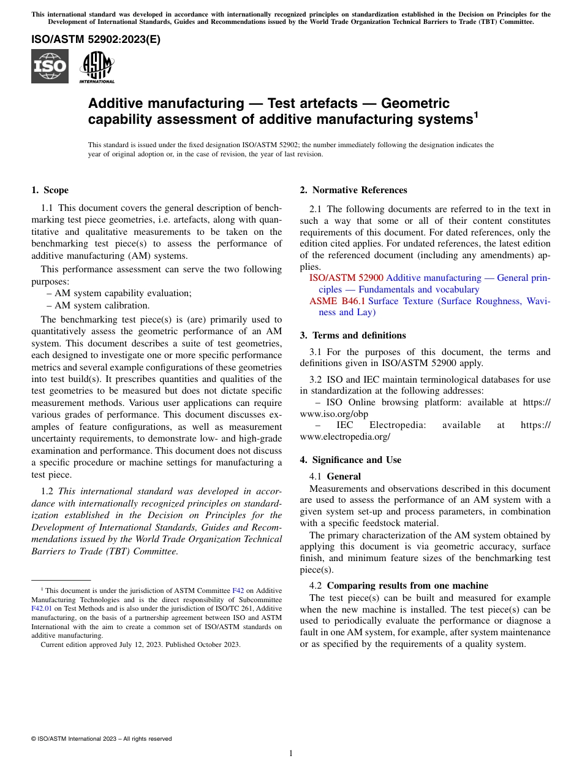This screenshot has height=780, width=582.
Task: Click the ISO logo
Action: click(50, 66)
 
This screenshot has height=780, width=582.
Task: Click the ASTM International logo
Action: click(96, 66)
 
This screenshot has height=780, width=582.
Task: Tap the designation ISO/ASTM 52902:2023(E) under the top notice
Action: click(96, 40)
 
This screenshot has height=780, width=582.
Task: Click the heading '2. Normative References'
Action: click(353, 190)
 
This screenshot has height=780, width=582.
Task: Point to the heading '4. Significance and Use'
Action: click(350, 460)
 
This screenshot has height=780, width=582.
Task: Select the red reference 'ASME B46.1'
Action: click(337, 301)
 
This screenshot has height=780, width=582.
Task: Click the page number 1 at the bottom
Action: click(291, 753)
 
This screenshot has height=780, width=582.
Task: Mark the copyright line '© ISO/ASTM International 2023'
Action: click(101, 739)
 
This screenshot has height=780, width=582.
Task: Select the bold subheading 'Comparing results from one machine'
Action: click(407, 586)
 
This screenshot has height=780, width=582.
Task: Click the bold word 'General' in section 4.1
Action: click(344, 476)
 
